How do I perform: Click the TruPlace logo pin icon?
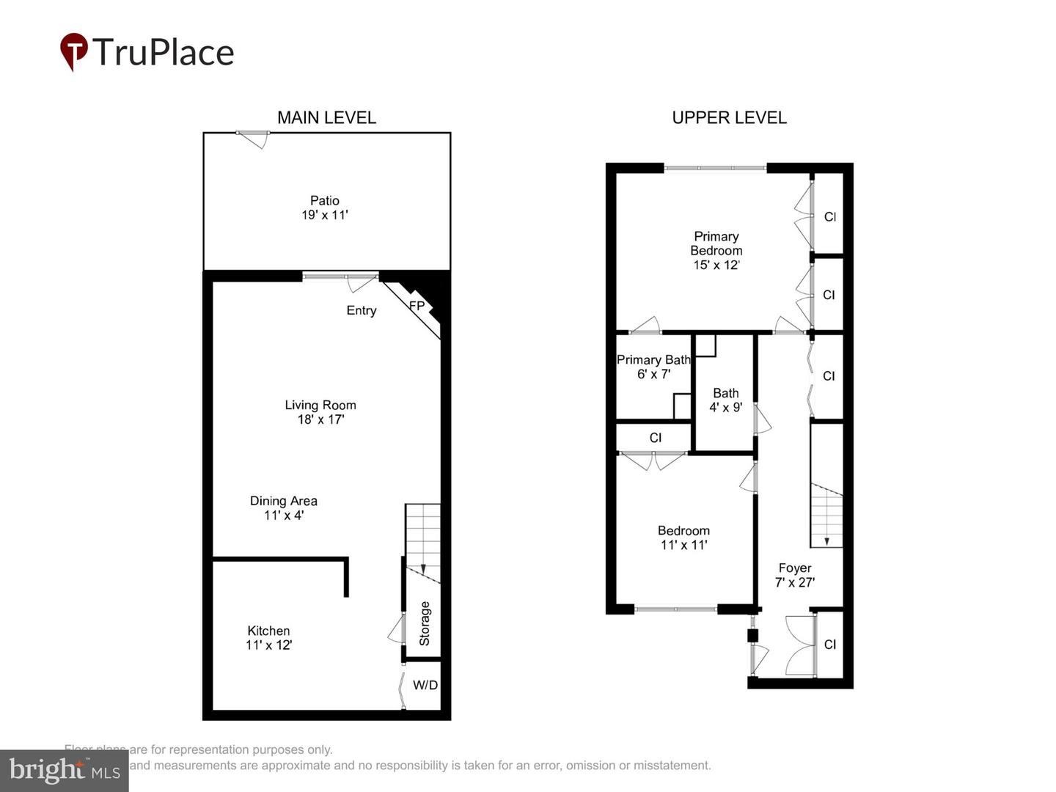(x=73, y=51)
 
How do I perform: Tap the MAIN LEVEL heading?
(x=326, y=117)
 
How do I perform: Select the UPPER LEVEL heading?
(x=729, y=117)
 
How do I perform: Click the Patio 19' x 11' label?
(x=324, y=208)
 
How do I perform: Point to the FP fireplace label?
(x=417, y=306)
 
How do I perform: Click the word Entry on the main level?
(x=361, y=310)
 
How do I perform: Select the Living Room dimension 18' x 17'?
(x=320, y=419)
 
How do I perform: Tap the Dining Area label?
(x=283, y=501)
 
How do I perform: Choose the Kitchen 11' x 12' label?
(x=268, y=637)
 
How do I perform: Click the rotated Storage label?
(x=425, y=623)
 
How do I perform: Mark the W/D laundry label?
(x=425, y=685)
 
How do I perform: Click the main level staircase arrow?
(x=422, y=569)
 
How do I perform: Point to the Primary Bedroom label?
(x=716, y=243)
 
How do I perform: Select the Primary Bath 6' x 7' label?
(x=653, y=367)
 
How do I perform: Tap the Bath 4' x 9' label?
(x=725, y=400)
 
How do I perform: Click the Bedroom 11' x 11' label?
(x=683, y=538)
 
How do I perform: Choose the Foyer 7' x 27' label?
(x=794, y=575)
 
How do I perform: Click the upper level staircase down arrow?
(x=826, y=540)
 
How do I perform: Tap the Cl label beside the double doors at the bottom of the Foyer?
(x=829, y=645)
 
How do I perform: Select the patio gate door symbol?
(x=253, y=138)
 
